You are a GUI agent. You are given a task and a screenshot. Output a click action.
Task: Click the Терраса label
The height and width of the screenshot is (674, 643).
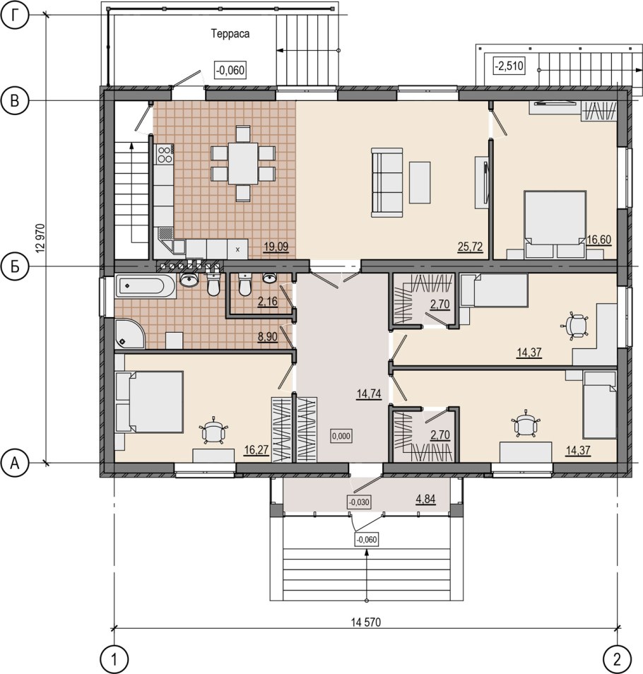230,33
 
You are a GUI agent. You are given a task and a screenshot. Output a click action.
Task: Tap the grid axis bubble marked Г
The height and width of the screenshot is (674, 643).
15,16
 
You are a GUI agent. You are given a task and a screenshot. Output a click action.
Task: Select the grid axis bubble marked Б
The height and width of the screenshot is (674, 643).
15,266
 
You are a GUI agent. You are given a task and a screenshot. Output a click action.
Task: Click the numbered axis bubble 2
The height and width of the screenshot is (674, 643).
618,658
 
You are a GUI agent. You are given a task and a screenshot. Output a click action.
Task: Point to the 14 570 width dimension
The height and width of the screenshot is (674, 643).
366,622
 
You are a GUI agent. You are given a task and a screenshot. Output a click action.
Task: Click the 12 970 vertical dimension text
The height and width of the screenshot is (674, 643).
41,239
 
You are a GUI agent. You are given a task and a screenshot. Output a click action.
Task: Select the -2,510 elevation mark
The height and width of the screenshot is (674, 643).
509,66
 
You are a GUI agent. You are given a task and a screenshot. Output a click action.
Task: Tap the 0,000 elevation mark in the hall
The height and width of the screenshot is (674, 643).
341,436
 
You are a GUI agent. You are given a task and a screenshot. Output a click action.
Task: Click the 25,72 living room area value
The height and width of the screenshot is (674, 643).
470,247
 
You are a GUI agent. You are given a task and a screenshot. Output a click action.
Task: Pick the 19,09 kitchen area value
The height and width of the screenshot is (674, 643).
276,247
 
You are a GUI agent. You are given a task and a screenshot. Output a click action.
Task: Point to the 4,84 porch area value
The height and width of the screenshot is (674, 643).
425,499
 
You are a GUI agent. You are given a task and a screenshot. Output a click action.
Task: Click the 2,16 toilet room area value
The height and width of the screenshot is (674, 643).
267,302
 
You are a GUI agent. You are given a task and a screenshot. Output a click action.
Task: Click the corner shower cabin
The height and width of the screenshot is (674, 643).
130,333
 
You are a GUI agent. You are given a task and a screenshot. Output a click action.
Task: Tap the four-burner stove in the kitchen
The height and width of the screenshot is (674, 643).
164,155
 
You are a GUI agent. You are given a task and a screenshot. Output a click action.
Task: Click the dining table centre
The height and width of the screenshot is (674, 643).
243,163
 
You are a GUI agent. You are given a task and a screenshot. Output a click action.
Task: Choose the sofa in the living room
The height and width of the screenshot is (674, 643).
387,182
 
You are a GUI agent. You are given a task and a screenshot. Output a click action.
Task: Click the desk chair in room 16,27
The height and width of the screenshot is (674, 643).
213,430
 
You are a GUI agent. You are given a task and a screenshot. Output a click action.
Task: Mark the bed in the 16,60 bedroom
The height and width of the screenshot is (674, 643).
555,224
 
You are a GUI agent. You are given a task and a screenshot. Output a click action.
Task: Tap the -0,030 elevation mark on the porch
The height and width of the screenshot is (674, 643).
359,502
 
